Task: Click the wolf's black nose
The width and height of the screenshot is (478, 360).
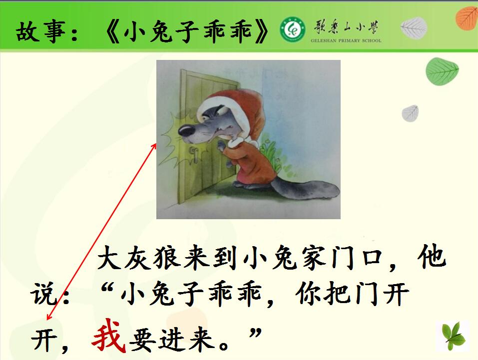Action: (186, 130)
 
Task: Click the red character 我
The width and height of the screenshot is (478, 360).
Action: (109, 336)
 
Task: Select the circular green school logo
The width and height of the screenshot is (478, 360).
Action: (293, 29)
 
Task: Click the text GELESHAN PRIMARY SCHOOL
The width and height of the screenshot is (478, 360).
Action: (346, 40)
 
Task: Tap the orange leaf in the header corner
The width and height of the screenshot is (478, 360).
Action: (467, 18)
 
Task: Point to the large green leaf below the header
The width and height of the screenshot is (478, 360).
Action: (442, 71)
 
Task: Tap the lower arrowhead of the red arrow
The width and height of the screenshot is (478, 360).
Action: (49, 318)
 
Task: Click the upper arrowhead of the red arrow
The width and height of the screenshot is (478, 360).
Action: (154, 146)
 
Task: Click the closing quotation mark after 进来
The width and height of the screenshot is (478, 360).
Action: (255, 333)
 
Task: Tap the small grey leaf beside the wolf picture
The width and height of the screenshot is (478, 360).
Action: (410, 113)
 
